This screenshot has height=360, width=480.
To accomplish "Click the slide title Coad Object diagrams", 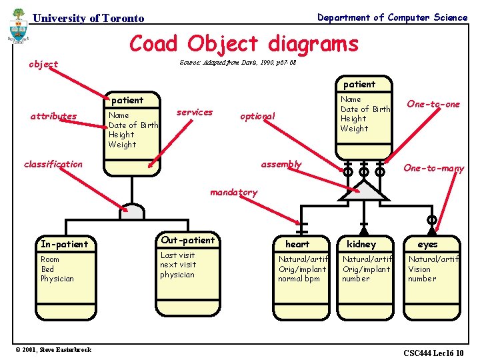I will [243, 44].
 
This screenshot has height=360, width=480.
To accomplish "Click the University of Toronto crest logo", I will [18, 27].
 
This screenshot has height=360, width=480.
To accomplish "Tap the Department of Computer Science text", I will [392, 17].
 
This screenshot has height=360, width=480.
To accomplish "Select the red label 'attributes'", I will [53, 116].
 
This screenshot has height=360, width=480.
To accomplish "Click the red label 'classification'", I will [53, 164].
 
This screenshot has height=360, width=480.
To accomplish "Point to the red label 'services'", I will [195, 112].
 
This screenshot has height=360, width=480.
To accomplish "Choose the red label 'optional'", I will [257, 116].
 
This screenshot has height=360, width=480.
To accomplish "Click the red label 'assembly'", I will [281, 164].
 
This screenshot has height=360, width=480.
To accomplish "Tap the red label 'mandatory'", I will [233, 192].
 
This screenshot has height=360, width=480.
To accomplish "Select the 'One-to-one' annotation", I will [433, 104].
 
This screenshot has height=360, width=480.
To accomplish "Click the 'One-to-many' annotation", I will [434, 169].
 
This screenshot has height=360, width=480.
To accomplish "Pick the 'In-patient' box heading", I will [64, 244].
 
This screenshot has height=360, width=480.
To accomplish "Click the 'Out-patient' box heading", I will [188, 240].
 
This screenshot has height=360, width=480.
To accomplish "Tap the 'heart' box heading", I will [297, 244].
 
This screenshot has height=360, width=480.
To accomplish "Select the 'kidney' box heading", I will [361, 244].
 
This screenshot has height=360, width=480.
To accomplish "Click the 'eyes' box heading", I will [427, 244].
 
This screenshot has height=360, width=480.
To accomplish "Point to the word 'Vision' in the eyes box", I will [419, 269].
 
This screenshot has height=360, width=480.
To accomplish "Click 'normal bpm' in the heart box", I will [299, 279].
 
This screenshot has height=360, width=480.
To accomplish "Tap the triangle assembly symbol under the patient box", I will [363, 191].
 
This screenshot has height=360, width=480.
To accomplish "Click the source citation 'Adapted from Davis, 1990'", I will [238, 63].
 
